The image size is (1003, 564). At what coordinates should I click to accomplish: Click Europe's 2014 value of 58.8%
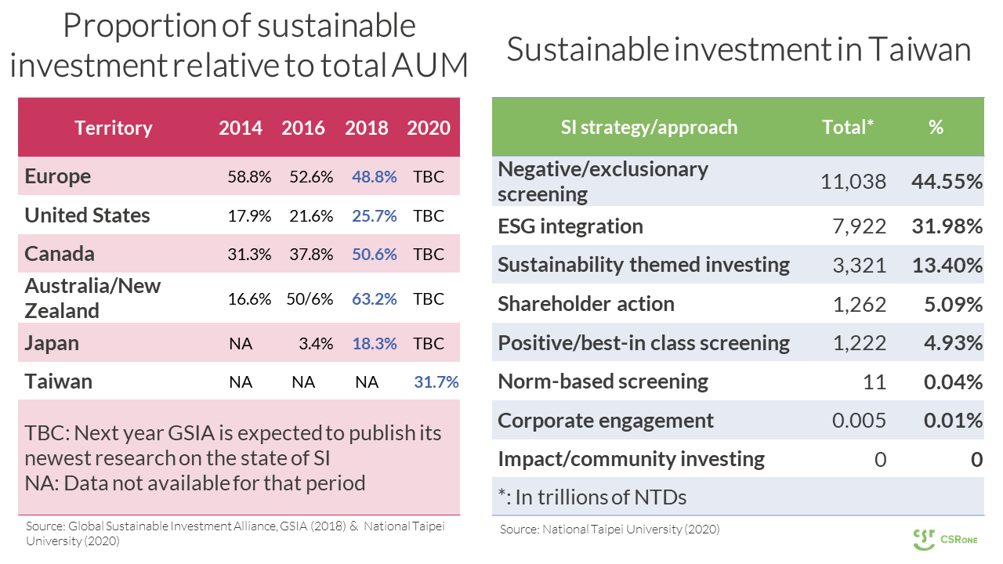tap(249, 177)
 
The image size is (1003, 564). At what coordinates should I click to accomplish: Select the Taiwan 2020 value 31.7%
tap(436, 382)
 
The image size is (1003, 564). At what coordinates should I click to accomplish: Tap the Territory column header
tap(113, 128)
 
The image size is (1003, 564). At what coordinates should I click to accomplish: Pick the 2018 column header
tap(366, 128)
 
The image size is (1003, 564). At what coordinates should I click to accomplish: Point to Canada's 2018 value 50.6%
tap(374, 255)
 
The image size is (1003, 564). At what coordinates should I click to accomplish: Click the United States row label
tap(87, 215)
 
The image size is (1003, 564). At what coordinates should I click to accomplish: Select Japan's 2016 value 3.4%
tap(317, 344)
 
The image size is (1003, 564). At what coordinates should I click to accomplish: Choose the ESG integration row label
tap(570, 226)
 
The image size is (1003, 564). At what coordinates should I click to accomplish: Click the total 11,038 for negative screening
tap(853, 182)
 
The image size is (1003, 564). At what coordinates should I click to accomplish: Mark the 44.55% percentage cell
tap(947, 182)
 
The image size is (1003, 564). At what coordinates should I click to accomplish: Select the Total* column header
tap(848, 127)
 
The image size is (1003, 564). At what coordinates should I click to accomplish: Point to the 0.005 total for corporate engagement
tap(860, 421)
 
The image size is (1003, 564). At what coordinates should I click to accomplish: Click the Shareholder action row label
tap(586, 304)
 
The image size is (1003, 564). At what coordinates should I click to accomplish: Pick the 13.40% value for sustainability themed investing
tap(947, 265)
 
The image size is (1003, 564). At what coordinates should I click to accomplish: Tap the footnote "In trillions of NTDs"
tap(593, 497)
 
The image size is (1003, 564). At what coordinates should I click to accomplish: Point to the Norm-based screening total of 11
tap(875, 382)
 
